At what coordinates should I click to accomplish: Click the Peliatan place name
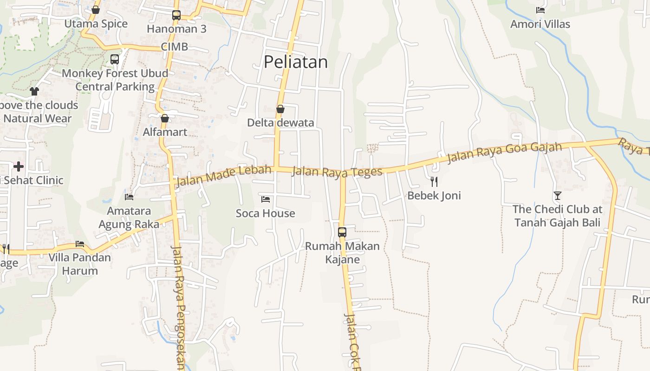296,62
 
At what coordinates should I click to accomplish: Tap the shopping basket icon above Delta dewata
280,109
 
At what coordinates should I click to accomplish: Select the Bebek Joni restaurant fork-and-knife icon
434,181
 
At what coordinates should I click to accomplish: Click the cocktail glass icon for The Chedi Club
557,196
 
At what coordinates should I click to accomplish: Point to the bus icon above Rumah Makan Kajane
342,232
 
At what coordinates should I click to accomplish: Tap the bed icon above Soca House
266,199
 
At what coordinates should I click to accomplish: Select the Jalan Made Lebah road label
223,175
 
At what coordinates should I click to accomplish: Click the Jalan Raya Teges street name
337,172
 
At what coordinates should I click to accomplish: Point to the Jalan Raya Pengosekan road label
179,306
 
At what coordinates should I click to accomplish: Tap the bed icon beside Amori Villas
540,10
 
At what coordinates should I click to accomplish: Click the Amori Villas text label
540,24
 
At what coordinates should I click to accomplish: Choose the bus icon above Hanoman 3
176,15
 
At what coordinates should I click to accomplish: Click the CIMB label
175,46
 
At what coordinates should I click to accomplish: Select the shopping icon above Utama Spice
96,10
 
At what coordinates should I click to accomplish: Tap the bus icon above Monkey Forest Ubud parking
115,59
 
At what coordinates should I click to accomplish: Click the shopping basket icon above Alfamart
165,118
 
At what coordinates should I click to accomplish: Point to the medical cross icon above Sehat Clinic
19,166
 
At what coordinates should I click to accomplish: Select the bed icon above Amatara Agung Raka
129,197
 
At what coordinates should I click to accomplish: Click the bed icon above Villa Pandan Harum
80,244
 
